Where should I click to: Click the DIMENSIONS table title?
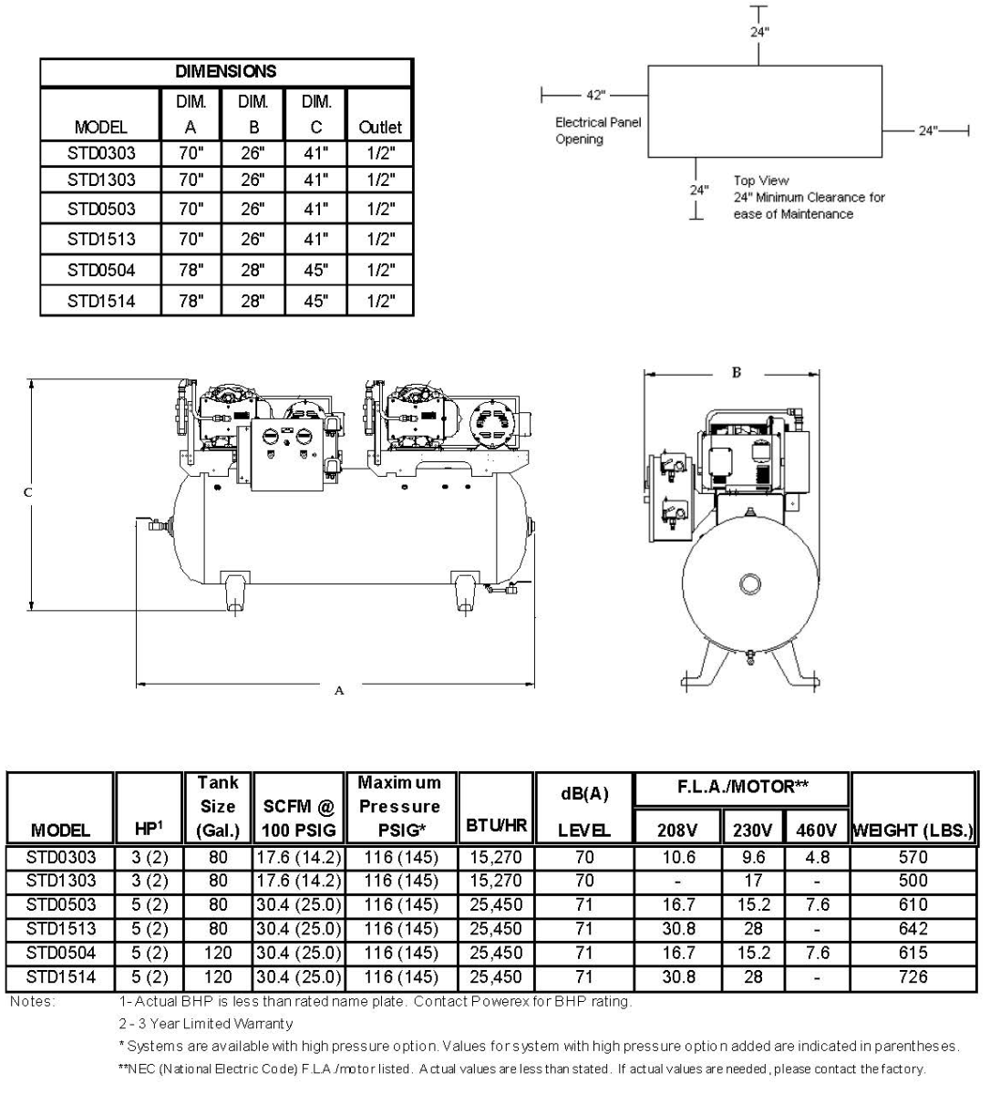[225, 71]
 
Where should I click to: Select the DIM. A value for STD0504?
[191, 270]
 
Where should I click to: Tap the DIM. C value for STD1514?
[315, 301]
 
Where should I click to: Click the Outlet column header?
[379, 128]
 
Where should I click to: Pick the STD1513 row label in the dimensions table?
[100, 239]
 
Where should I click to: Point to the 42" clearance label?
[595, 95]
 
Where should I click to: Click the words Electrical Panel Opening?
[597, 130]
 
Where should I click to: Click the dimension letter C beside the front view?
[27, 492]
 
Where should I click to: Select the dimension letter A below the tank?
[339, 690]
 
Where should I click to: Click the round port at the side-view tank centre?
[749, 583]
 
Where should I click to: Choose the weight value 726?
[912, 976]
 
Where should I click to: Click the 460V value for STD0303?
[817, 857]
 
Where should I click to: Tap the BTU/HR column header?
[496, 826]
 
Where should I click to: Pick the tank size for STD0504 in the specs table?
[218, 953]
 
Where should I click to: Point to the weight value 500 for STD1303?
[912, 881]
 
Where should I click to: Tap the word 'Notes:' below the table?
[33, 1001]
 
